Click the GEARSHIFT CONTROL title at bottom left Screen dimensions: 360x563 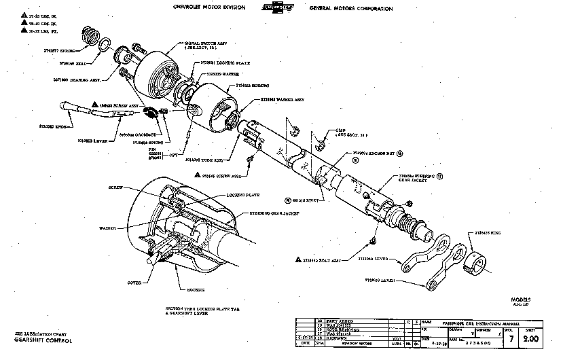click(35, 339)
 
